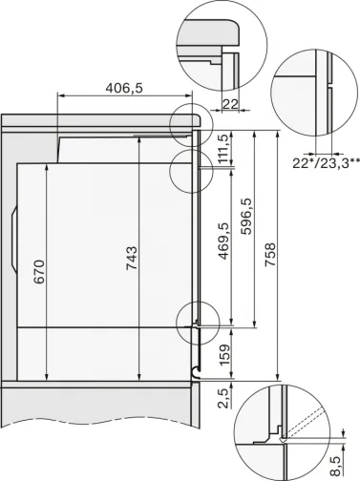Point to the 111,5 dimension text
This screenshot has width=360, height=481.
[x=222, y=151]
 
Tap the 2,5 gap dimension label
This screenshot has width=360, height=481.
[x=222, y=393]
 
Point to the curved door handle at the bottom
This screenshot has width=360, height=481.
[x=195, y=369]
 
